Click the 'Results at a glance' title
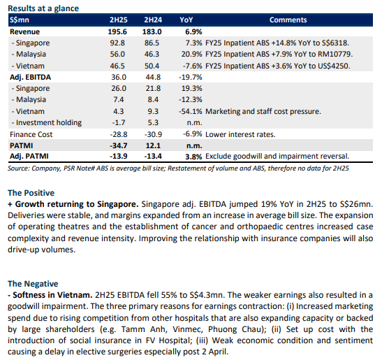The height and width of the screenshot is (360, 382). (43, 8)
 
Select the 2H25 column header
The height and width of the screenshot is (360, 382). (119, 20)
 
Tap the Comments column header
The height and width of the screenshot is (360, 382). (288, 20)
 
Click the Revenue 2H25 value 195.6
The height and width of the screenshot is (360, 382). (117, 31)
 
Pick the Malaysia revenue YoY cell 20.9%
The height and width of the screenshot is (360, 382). (191, 54)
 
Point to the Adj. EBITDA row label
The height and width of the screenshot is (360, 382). (30, 78)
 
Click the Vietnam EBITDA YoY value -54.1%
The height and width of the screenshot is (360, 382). (191, 111)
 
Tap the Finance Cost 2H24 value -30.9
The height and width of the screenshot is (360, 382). (153, 134)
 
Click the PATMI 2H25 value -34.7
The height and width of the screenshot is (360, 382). (119, 145)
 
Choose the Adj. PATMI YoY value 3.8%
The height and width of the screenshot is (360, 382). (193, 157)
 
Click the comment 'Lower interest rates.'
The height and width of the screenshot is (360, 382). (240, 134)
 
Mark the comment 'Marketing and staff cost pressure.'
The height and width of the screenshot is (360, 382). (263, 111)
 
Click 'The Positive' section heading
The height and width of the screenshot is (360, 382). (31, 193)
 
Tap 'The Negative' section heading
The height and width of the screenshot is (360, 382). (33, 284)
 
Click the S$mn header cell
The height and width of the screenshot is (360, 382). (20, 20)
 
